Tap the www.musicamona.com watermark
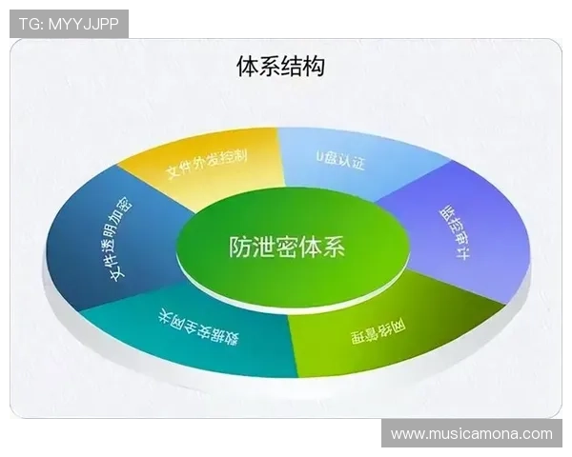pos(471,434)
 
